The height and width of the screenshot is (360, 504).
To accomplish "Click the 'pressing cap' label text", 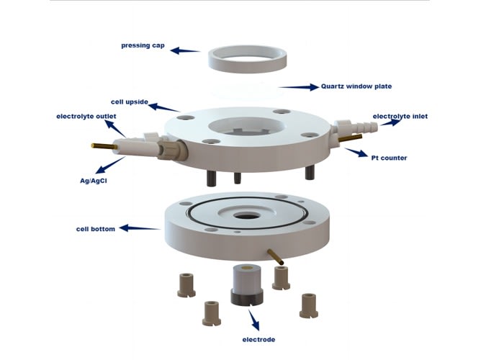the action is click(143, 45).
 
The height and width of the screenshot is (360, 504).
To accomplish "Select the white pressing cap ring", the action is click(247, 66).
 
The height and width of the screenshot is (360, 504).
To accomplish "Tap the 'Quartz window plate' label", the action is click(356, 86).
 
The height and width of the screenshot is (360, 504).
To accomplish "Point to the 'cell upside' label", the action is click(130, 102).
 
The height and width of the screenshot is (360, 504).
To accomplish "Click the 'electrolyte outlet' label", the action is click(86, 116).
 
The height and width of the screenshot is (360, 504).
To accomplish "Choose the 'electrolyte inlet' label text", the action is click(400, 116).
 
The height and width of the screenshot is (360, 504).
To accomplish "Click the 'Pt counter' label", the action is click(389, 158).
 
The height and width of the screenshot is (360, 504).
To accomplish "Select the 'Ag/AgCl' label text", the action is click(93, 181).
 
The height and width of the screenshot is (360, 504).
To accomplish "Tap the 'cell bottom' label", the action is click(96, 229).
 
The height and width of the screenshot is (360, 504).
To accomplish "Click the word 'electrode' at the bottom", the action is click(258, 340).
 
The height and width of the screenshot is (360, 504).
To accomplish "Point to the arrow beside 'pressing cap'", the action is click(184, 50).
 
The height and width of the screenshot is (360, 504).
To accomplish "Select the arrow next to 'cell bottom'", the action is click(140, 228).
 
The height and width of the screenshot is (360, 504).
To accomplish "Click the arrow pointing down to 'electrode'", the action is click(253, 320).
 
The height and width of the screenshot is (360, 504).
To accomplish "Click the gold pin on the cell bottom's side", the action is click(276, 256).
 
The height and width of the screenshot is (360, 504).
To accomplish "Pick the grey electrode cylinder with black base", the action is click(247, 285).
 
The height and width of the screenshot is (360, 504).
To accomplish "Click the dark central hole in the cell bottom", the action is click(246, 216).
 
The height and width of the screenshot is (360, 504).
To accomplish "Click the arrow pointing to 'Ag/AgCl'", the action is click(110, 165).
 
